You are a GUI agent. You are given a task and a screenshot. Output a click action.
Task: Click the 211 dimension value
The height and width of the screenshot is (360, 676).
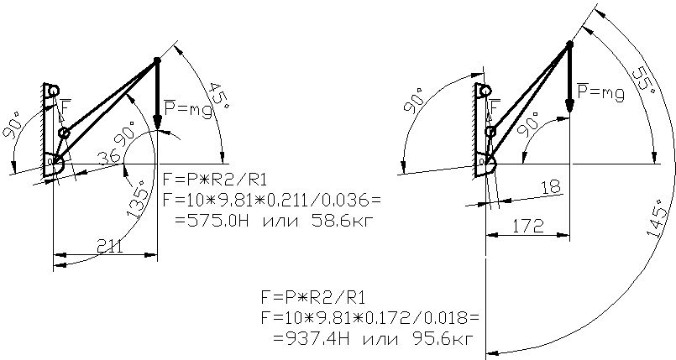[x=109, y=248]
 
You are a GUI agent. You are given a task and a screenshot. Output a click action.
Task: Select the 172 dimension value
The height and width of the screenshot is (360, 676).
[x=528, y=226]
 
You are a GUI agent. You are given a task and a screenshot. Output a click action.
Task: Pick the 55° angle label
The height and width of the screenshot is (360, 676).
[x=646, y=76]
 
